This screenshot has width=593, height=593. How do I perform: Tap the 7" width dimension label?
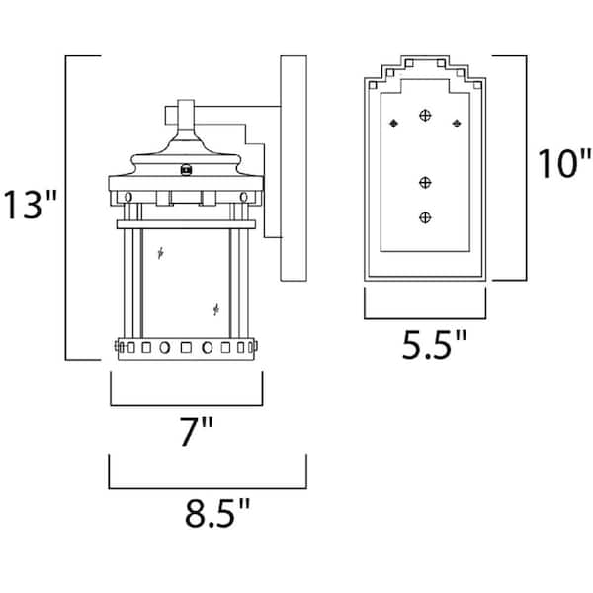(x=189, y=432)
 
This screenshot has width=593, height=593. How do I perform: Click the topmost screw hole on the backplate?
(x=426, y=117)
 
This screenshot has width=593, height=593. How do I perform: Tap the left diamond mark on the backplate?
(x=394, y=124)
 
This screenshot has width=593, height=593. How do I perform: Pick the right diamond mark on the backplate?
(x=457, y=124)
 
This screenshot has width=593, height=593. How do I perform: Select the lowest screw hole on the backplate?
(x=426, y=216)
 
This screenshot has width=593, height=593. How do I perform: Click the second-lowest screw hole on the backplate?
(x=426, y=182)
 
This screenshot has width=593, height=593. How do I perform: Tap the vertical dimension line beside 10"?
(x=521, y=168)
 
